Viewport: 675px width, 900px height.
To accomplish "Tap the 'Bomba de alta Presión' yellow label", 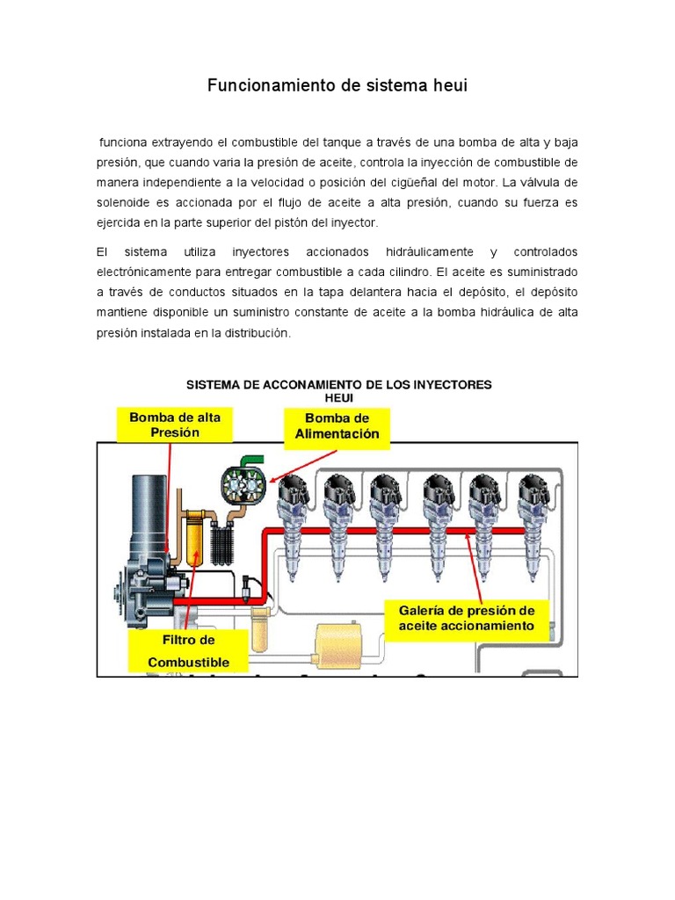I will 175,425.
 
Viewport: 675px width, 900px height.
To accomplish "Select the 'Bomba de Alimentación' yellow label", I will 337,426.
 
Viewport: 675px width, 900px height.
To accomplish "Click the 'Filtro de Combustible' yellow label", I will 188,651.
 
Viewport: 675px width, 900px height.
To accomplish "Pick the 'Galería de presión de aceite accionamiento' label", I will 466,618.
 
